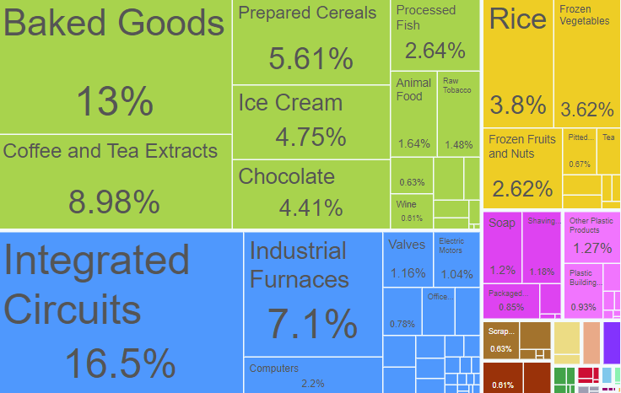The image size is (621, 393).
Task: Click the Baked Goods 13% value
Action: [115, 101]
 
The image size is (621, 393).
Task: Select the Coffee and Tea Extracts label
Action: [110, 151]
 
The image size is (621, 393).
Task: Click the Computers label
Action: [274, 369]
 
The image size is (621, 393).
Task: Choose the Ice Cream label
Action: [290, 103]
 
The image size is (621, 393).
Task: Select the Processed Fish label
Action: [425, 18]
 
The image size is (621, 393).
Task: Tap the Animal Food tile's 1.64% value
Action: [413, 144]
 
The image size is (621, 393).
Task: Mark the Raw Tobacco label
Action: [457, 85]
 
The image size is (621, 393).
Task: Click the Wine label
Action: [406, 204]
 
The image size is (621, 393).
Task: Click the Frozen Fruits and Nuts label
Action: [521, 146]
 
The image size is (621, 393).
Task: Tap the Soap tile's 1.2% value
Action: [502, 271]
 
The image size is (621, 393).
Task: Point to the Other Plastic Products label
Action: [590, 225]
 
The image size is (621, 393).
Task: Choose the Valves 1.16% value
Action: [408, 273]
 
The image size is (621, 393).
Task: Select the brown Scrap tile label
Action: [501, 331]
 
